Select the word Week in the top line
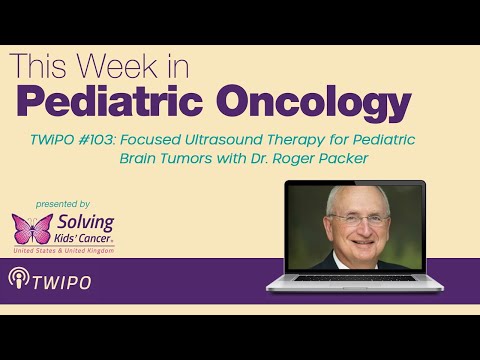click(x=119, y=64)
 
